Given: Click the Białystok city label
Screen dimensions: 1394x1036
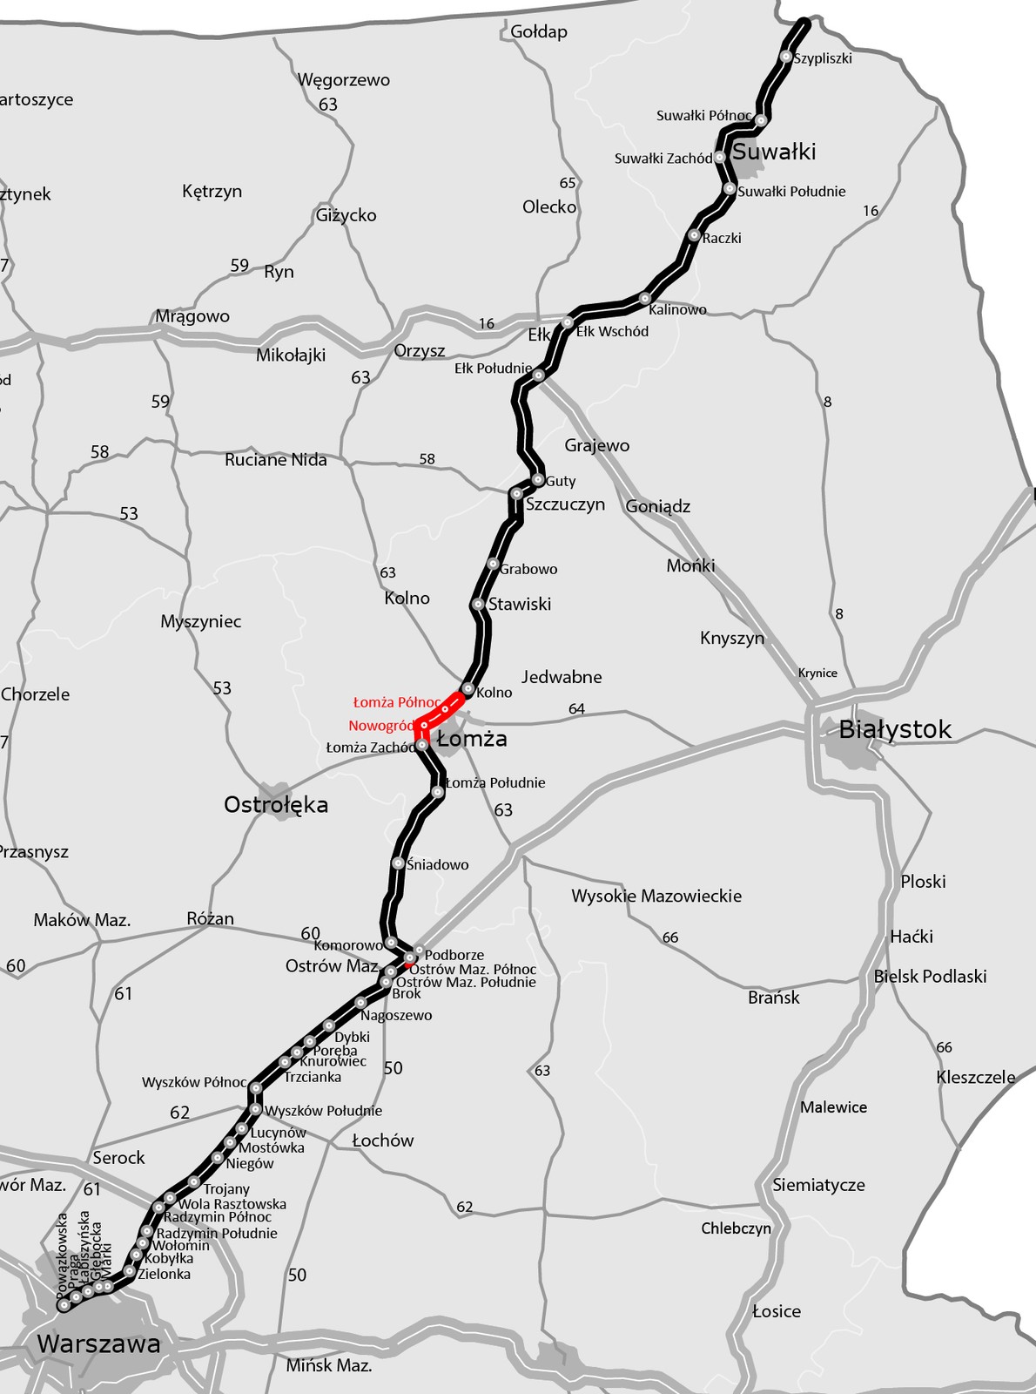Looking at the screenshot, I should (895, 730).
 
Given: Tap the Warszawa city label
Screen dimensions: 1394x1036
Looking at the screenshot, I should (98, 1344).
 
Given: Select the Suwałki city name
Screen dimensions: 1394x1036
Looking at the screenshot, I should (774, 152).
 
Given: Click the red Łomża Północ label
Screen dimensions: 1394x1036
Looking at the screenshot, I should (397, 702).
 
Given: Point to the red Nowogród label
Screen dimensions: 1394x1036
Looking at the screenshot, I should (381, 726).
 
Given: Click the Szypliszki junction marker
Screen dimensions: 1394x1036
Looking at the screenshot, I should (786, 57).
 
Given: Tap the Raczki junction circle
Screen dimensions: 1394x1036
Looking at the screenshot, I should (694, 235).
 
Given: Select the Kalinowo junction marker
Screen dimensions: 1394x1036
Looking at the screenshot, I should (645, 298).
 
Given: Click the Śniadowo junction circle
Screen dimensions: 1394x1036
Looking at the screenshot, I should (398, 863).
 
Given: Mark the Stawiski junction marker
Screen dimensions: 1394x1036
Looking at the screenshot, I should (478, 604).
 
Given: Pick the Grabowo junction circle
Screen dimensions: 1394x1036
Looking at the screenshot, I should (493, 564).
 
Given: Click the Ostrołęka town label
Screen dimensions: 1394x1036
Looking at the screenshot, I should (276, 805).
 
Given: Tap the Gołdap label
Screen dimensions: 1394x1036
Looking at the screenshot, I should (539, 32).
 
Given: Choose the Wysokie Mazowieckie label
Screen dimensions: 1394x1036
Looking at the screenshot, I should (656, 897).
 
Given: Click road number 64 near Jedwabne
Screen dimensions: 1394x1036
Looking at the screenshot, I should (576, 709).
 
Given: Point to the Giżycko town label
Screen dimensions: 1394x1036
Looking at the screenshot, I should (346, 215).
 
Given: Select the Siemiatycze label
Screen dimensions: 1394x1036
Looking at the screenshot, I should (818, 1185).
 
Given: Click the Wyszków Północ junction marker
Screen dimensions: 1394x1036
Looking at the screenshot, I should (256, 1087).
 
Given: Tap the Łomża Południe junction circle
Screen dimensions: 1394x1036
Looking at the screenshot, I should (438, 792).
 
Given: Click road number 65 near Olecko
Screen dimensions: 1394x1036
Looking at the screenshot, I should (568, 183).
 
